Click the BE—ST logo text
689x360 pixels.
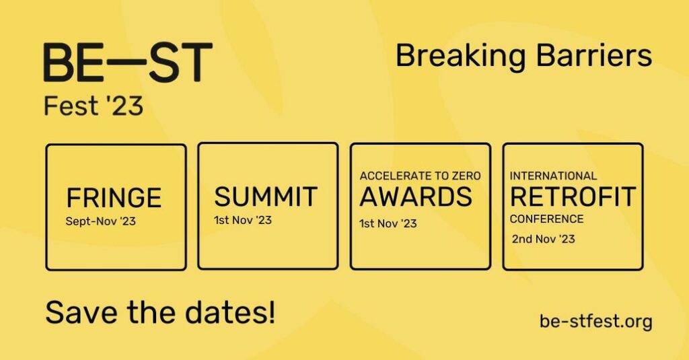tap(128, 62)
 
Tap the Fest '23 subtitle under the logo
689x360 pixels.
tap(94, 106)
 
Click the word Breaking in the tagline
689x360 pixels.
tap(461, 57)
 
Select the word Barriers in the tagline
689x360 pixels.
tap(594, 55)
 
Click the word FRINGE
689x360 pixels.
tap(114, 198)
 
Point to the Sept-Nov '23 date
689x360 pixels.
tap(101, 221)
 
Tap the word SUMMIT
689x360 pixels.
tap(266, 196)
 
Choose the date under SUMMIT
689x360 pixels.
tap(243, 220)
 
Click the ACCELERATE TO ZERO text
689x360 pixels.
tap(420, 176)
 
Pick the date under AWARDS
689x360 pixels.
tap(388, 223)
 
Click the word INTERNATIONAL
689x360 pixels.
tap(553, 176)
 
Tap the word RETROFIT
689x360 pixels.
tap(573, 196)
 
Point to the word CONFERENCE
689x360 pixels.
tap(546, 219)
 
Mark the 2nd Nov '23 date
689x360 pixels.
tap(544, 239)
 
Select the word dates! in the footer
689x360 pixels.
tap(230, 312)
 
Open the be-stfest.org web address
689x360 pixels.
tap(596, 321)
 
